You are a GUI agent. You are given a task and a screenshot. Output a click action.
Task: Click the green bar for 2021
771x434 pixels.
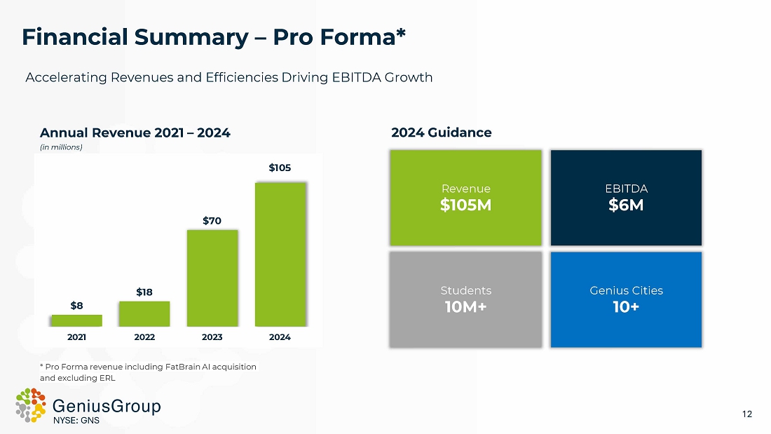pyautogui.click(x=76, y=320)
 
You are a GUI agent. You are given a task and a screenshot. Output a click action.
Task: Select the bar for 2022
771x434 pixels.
pyautogui.click(x=144, y=313)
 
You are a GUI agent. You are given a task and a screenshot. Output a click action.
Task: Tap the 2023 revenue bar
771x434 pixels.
pyautogui.click(x=212, y=278)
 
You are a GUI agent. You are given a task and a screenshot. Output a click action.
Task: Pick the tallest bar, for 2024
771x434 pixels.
pyautogui.click(x=280, y=254)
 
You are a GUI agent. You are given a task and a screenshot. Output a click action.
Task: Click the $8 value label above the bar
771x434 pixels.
pyautogui.click(x=76, y=305)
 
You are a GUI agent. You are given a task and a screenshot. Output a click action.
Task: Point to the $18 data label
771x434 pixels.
pyautogui.click(x=144, y=291)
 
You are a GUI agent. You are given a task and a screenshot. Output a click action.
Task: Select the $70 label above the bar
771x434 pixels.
pyautogui.click(x=212, y=221)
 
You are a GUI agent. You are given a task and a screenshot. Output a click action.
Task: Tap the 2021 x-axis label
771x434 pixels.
pyautogui.click(x=76, y=337)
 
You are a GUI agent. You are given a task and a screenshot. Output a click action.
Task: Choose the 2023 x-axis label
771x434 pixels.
pyautogui.click(x=212, y=337)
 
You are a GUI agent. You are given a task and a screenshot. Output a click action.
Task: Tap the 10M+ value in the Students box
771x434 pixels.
pyautogui.click(x=466, y=306)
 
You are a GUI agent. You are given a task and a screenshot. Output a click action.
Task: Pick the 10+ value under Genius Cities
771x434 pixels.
pyautogui.click(x=626, y=306)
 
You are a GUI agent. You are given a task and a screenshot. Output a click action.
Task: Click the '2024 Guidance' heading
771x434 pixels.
pyautogui.click(x=441, y=133)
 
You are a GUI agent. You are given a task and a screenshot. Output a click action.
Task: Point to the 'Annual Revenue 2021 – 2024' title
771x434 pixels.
pyautogui.click(x=135, y=133)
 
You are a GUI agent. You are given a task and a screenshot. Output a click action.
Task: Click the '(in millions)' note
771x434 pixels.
pyautogui.click(x=61, y=147)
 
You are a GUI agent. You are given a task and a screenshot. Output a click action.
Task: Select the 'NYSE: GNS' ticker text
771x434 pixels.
pyautogui.click(x=77, y=421)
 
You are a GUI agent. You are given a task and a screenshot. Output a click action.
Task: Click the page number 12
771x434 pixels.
pyautogui.click(x=747, y=414)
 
